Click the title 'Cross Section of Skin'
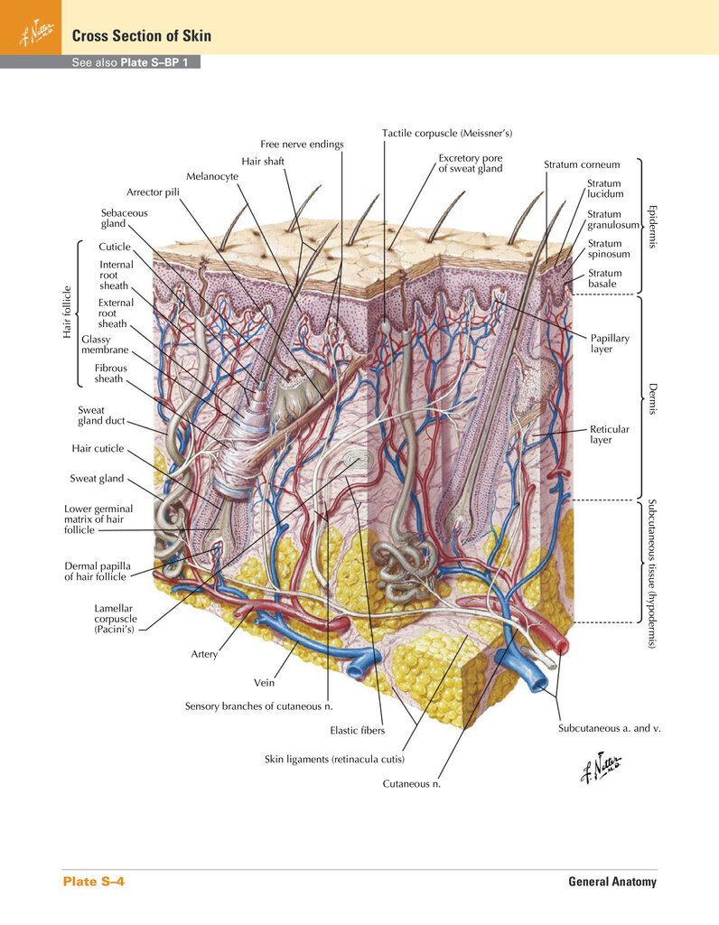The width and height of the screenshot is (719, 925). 142,36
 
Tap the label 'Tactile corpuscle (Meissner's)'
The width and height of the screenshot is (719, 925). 447,134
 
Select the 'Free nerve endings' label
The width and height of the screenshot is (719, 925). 302,144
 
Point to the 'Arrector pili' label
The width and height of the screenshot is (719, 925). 153,192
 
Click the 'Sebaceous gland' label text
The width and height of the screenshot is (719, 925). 124,219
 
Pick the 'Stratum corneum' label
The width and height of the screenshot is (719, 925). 582,164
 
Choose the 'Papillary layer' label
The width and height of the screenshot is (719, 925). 610,343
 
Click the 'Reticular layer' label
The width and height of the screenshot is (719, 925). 610,434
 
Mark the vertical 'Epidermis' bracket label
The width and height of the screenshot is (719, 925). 652,227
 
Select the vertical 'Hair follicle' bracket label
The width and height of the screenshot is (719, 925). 67,312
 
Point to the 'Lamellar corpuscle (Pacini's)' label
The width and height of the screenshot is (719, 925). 116,619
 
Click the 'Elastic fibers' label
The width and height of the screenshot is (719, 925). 358,730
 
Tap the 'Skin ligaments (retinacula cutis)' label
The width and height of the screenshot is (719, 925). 334,759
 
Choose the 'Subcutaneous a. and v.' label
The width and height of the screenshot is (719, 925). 610,728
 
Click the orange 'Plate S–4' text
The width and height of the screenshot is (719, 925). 94,882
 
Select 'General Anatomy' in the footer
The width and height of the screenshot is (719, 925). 612,882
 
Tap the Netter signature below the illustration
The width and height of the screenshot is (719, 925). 601,768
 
